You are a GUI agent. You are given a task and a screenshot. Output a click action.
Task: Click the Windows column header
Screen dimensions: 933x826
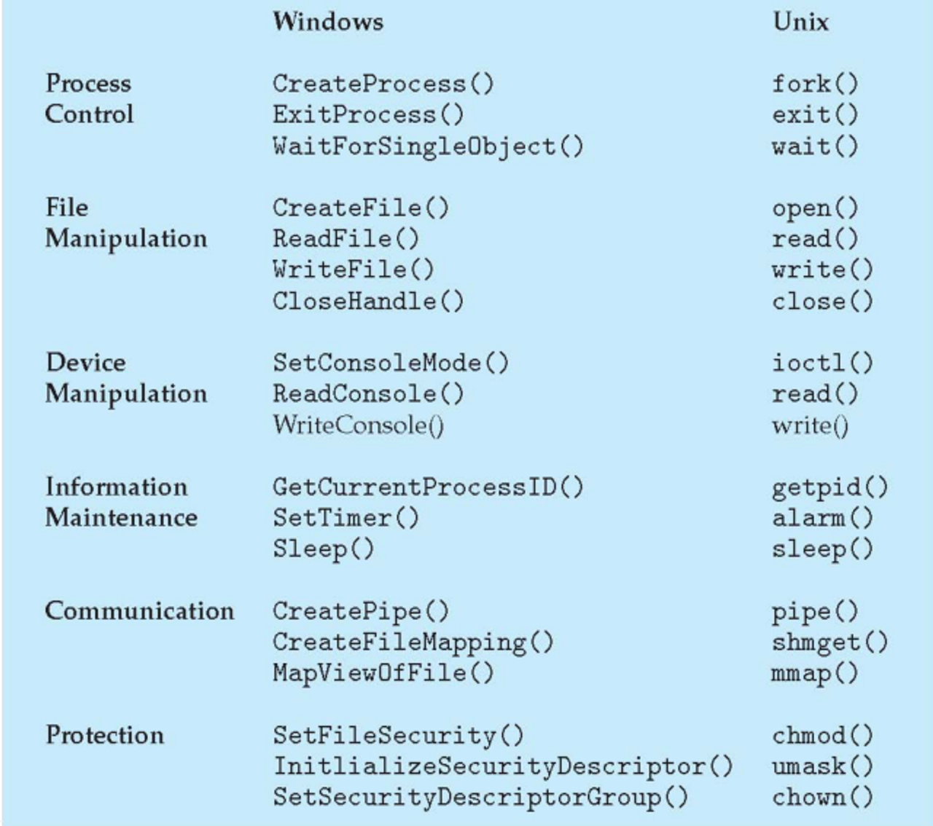tap(327, 21)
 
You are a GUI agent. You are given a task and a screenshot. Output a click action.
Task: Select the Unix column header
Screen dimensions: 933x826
tap(800, 21)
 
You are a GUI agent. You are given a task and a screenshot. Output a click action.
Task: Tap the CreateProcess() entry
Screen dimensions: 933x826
tap(383, 84)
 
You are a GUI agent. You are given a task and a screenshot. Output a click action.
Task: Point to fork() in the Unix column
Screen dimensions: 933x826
tap(815, 84)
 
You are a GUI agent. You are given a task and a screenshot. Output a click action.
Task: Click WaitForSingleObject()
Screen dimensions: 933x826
tap(428, 146)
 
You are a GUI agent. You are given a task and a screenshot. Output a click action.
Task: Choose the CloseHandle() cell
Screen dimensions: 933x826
tap(367, 301)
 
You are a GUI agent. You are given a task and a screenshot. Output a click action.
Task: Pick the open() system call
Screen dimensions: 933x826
tap(815, 208)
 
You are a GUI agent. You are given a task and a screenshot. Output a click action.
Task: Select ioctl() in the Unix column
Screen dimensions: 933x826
tap(822, 363)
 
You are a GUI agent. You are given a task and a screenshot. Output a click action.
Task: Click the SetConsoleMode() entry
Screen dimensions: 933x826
tap(391, 363)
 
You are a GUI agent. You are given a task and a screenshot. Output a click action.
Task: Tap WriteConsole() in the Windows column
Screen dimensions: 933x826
tap(358, 425)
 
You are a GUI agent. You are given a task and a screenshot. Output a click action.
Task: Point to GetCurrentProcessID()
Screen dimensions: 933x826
tap(428, 487)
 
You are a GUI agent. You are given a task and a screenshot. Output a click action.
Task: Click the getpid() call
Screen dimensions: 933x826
tap(829, 487)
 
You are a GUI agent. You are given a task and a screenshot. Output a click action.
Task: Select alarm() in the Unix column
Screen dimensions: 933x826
tap(822, 518)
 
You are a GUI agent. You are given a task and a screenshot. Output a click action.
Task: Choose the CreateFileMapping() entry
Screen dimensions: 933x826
tap(413, 642)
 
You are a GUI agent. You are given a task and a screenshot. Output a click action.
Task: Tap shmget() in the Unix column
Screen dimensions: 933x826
tap(829, 642)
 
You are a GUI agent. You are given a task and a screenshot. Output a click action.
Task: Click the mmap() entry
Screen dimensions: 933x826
tap(814, 673)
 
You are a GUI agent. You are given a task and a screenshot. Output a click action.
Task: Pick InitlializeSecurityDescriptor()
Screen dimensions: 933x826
tap(503, 766)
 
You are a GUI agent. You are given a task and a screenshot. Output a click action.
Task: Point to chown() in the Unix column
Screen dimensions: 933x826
tap(822, 798)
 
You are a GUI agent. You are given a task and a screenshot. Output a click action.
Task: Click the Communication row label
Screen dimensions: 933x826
tap(139, 610)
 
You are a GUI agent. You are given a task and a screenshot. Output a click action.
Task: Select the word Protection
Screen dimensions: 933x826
tap(105, 735)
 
